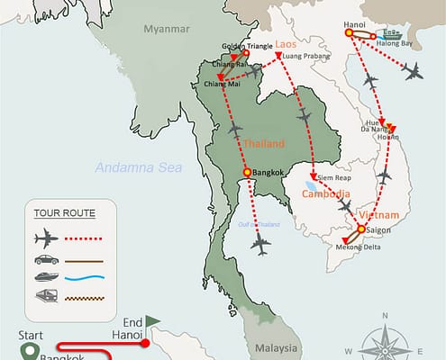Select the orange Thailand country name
tap(262, 143)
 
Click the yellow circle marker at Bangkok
tap(246, 174)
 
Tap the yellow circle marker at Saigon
tap(361, 229)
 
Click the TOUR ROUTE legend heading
tap(64, 213)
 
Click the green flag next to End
tap(153, 320)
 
